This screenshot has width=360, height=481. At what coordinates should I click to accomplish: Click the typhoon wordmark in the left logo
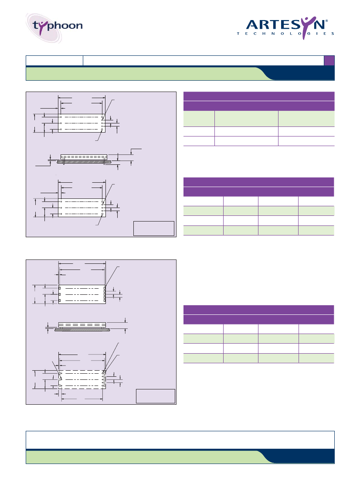(x=58, y=26)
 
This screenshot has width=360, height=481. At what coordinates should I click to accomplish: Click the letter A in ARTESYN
(x=252, y=24)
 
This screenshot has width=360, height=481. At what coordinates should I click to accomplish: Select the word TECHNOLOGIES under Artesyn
(x=285, y=34)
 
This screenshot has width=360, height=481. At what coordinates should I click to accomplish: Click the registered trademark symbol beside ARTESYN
(x=326, y=21)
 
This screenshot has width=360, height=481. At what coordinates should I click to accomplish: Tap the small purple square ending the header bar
(x=329, y=61)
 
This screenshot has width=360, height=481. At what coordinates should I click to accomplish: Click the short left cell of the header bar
(x=54, y=61)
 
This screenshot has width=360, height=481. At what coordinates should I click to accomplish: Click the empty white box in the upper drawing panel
(x=153, y=229)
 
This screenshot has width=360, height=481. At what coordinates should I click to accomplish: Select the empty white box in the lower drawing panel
(x=156, y=396)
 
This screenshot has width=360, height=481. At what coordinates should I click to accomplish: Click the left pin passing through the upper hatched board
(x=64, y=161)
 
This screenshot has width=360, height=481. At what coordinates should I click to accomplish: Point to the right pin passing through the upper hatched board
(x=105, y=161)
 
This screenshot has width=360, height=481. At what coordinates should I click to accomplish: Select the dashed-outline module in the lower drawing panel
(x=82, y=379)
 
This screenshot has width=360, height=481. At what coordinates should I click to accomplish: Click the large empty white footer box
(x=180, y=440)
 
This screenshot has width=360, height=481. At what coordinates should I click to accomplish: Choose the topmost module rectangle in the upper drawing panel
(x=82, y=123)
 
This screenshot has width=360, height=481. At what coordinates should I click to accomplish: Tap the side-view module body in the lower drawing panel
(x=82, y=325)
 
